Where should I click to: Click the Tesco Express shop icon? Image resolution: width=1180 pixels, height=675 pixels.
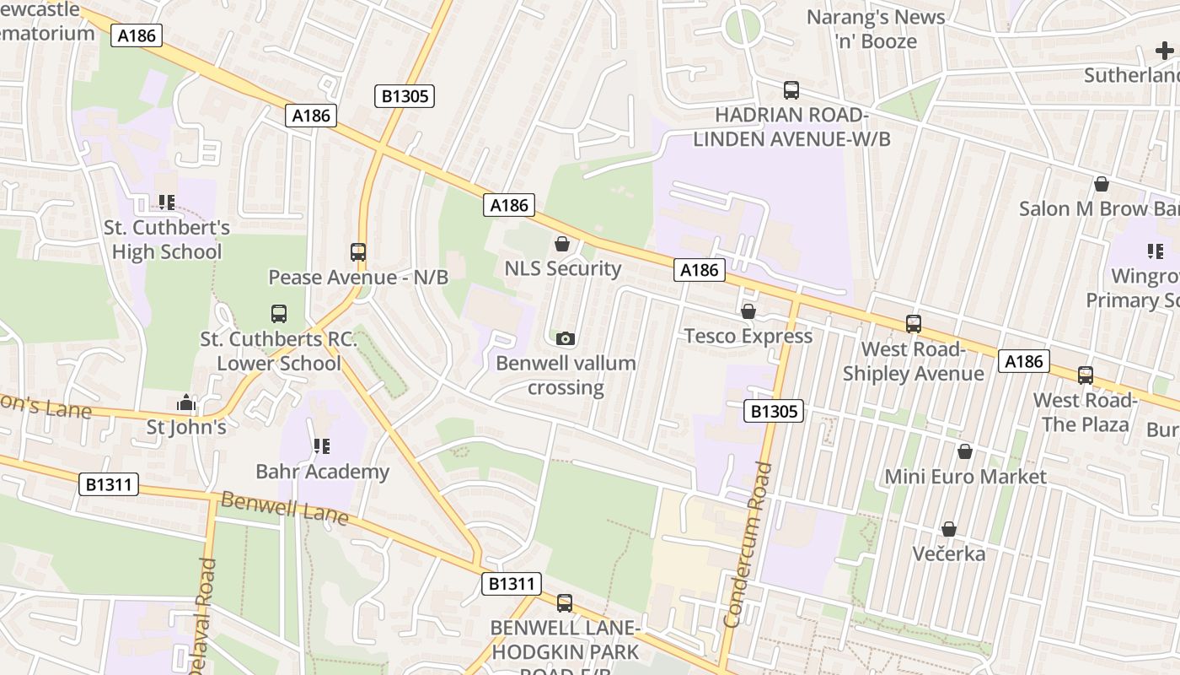[x=748, y=311]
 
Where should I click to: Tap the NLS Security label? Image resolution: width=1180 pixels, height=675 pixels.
[x=562, y=269]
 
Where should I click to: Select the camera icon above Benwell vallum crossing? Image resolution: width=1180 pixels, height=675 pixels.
[x=566, y=338]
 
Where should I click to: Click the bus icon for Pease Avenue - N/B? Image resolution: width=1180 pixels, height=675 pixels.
[x=358, y=251]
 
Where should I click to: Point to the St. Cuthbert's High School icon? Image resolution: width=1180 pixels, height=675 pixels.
[x=167, y=202]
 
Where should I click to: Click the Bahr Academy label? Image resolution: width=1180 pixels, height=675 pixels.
[x=322, y=472]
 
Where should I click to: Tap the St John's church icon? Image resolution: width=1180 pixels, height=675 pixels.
[x=186, y=403]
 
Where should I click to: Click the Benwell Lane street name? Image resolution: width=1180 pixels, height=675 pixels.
[x=283, y=510]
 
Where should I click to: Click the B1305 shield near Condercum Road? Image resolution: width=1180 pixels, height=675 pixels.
[x=773, y=411]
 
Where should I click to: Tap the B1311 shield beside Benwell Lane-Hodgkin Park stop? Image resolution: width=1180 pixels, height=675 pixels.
[x=511, y=583]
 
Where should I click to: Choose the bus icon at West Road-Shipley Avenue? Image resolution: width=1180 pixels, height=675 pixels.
[x=913, y=323]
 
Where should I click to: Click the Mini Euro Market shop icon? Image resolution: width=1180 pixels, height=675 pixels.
[x=965, y=451]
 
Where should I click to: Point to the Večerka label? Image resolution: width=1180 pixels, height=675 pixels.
[x=949, y=554]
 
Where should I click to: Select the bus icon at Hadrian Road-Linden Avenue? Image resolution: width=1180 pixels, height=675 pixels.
[x=791, y=89]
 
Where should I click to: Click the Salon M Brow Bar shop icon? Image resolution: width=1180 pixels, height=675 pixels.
[x=1101, y=183]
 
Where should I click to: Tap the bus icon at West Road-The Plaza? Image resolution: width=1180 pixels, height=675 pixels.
[x=1086, y=375]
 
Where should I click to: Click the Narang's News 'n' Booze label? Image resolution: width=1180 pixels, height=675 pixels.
[x=875, y=28]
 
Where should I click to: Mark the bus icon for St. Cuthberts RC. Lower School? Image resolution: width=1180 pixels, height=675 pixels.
[x=279, y=313]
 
